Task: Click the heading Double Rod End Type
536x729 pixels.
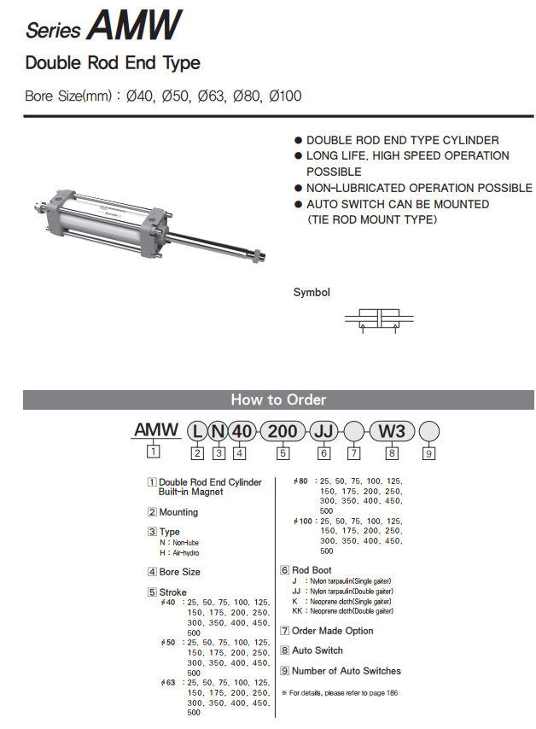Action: tap(113, 62)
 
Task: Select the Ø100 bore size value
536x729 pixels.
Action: tap(285, 96)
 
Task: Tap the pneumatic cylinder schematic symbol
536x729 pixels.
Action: tap(379, 319)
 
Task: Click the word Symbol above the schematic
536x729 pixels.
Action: tap(312, 292)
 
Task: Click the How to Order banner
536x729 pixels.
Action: tap(278, 399)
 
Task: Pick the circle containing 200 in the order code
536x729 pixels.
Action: tap(282, 430)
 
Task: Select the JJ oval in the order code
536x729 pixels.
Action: tap(323, 430)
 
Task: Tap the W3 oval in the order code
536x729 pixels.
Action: tap(392, 430)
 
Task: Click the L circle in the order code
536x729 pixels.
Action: tap(196, 430)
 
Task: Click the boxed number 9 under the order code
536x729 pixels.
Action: tap(429, 453)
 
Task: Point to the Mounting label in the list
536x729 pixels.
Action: tap(178, 512)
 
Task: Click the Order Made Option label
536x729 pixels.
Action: tap(332, 631)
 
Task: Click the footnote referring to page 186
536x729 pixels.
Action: tap(338, 692)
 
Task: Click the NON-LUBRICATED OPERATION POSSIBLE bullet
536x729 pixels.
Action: tap(418, 188)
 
